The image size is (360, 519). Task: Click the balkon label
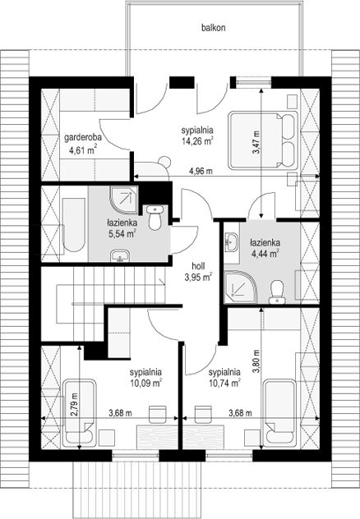click(213, 27)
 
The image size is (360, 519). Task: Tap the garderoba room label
click(83, 137)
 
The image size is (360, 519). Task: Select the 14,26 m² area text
click(197, 141)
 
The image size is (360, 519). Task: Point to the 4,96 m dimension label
click(201, 171)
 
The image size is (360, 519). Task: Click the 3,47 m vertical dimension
click(256, 142)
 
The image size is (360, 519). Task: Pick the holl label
click(198, 266)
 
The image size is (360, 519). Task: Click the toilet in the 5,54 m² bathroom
click(155, 218)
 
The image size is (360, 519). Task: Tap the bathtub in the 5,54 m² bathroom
click(74, 225)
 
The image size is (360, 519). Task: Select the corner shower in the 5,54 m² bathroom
click(123, 199)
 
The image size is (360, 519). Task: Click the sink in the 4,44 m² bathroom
click(231, 241)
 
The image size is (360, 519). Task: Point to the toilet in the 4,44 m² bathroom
click(277, 292)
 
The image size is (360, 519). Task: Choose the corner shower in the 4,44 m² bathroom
click(241, 287)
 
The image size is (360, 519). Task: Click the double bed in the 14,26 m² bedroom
click(263, 140)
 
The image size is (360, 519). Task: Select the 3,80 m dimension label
click(256, 361)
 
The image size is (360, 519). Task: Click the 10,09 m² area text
click(145, 384)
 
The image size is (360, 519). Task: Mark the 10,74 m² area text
click(224, 384)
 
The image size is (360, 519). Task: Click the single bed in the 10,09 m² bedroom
click(80, 412)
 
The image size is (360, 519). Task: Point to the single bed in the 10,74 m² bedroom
click(279, 412)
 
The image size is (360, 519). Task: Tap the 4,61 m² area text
click(83, 150)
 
